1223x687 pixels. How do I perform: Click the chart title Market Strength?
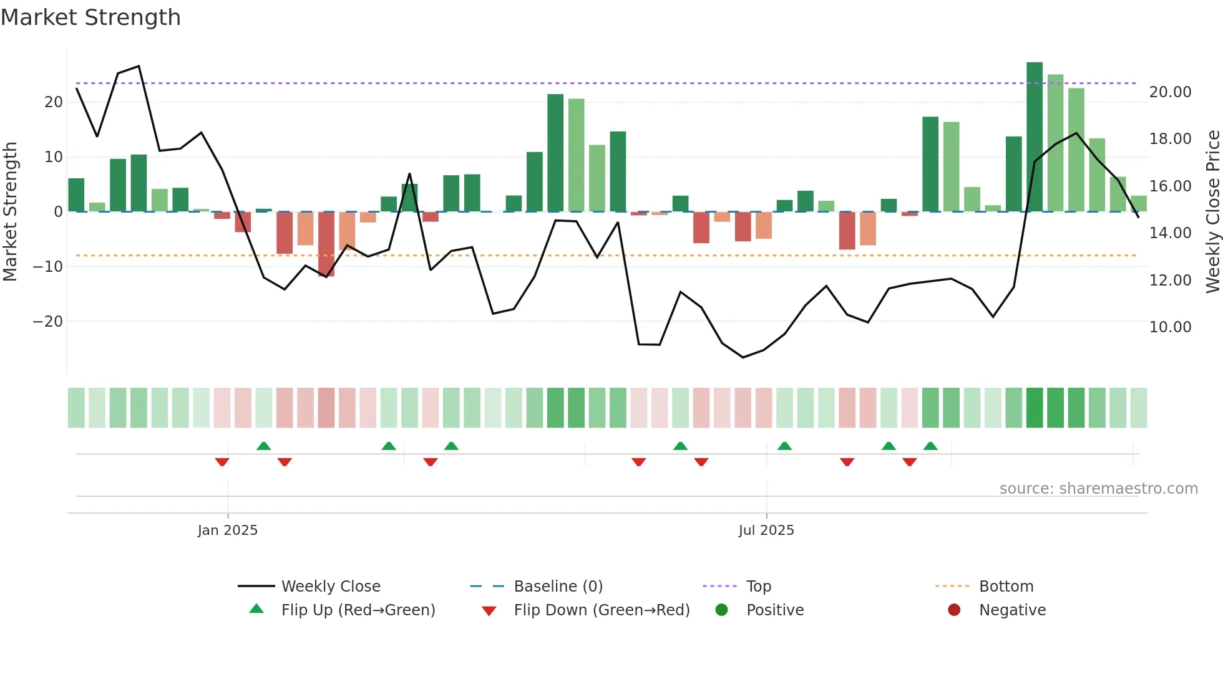tap(90, 17)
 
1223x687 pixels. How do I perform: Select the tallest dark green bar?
tap(1034, 137)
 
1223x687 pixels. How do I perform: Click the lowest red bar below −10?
tap(326, 244)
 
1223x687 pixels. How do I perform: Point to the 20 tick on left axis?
tap(54, 102)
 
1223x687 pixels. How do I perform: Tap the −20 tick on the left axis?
tap(48, 322)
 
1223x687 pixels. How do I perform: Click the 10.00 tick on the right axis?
tap(1170, 327)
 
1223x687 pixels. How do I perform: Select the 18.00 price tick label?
tap(1170, 139)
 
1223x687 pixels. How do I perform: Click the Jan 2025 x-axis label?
tap(227, 531)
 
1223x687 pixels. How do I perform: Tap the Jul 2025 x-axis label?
tap(766, 531)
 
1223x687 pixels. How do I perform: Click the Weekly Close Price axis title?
tap(1212, 212)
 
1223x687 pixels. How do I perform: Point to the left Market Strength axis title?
tap(10, 212)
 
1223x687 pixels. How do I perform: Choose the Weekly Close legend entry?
tap(330, 587)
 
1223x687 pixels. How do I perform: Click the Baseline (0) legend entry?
tap(558, 587)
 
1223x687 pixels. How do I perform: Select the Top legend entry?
tap(758, 587)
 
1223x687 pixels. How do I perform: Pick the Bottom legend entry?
tap(1006, 587)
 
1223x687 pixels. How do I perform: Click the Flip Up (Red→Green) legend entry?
tap(358, 610)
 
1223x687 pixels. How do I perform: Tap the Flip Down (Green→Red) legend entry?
tap(602, 610)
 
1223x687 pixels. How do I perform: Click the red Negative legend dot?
tap(953, 610)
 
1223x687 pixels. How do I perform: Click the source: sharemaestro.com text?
tap(1098, 489)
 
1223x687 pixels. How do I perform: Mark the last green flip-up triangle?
tap(930, 446)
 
